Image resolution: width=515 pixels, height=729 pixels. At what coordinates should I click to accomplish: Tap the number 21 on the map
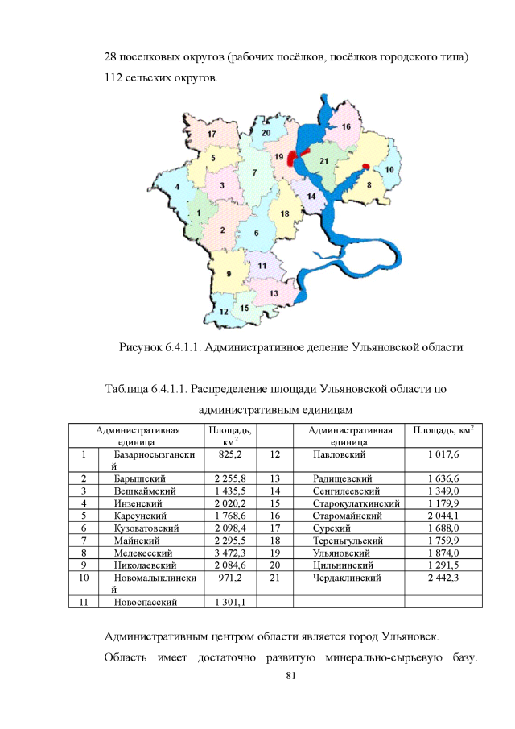tap(324, 162)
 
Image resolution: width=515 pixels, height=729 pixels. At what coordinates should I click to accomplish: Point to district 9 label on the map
tap(229, 274)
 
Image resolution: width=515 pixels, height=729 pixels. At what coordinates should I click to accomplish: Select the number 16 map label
tap(345, 126)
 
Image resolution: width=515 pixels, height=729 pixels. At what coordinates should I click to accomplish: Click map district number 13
tap(274, 294)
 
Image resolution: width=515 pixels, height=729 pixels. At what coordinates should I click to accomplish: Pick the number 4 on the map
tap(177, 187)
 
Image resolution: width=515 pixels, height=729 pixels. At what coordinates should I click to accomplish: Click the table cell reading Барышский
tap(138, 478)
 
